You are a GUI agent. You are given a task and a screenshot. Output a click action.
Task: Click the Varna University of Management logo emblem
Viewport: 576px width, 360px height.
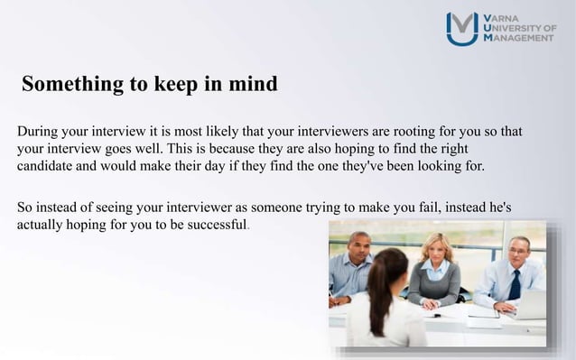tap(462, 28)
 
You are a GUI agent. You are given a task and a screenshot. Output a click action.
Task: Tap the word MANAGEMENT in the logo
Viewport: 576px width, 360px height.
tap(522, 40)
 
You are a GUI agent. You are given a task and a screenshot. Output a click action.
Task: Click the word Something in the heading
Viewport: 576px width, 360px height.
tap(72, 86)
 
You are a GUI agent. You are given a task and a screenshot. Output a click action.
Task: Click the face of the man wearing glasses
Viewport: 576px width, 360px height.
tap(517, 251)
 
